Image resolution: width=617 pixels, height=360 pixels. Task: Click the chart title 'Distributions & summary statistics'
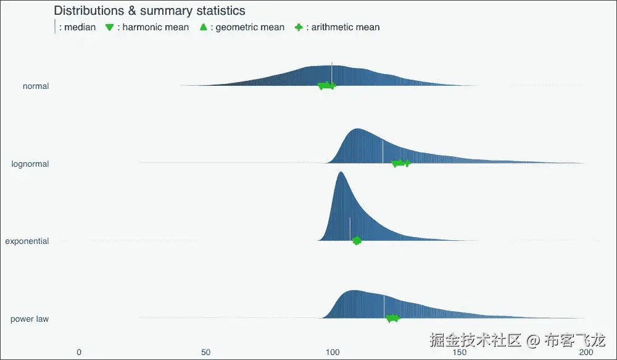click(149, 10)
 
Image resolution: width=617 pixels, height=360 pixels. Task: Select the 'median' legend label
click(80, 27)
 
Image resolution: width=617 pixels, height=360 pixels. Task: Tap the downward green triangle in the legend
click(109, 27)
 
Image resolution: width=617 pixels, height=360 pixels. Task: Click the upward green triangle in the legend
click(204, 27)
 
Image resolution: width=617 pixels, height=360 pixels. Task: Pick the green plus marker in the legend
click(299, 27)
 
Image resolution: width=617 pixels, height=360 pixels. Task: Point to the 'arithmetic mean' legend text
click(346, 27)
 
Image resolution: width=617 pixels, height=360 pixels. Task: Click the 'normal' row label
click(36, 86)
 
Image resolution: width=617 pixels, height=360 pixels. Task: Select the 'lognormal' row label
click(30, 164)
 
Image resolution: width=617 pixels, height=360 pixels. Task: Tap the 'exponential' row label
click(27, 241)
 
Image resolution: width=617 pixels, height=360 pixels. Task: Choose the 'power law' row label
click(30, 319)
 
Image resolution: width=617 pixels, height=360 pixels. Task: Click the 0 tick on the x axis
click(79, 352)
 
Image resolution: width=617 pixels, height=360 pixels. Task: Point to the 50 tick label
click(206, 352)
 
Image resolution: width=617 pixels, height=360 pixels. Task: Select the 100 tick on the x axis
click(333, 352)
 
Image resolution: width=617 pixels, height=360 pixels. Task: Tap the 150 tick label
click(460, 352)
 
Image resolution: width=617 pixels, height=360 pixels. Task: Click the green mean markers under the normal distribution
click(326, 85)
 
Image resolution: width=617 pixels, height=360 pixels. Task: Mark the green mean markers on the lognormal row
click(401, 162)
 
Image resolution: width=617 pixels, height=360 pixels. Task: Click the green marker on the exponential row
click(357, 240)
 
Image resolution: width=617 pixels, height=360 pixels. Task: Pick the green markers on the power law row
click(392, 318)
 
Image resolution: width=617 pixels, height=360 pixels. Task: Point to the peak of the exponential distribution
click(341, 172)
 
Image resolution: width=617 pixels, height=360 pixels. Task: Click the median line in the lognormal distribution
click(383, 151)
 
